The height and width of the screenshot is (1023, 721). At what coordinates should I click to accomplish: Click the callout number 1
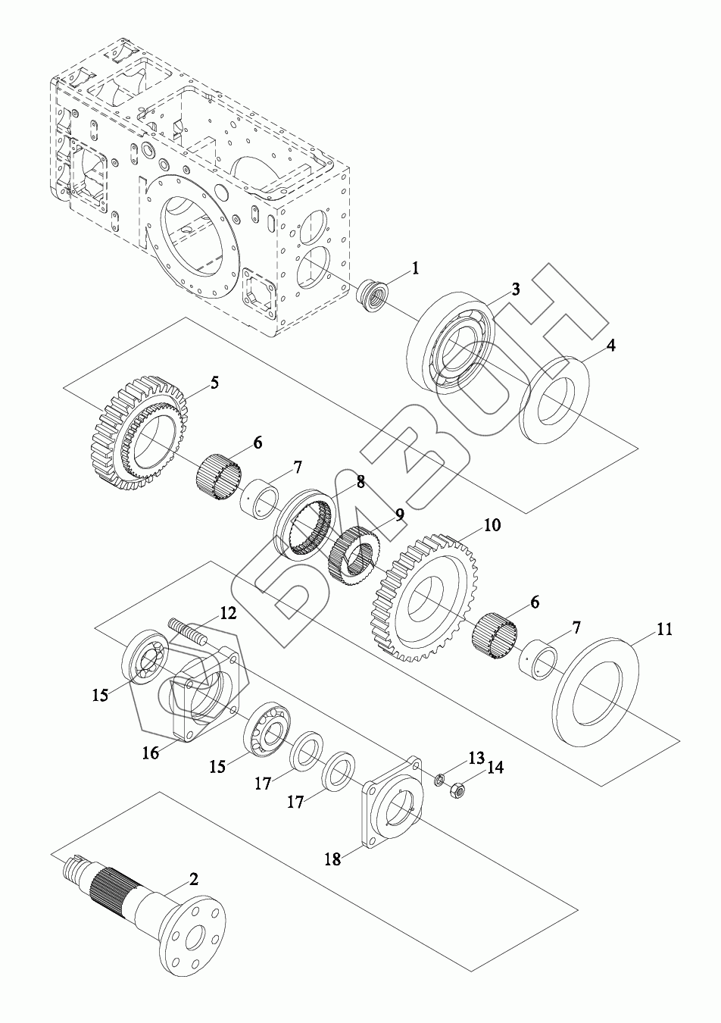coord(415,269)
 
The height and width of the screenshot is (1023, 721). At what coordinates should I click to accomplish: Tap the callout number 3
coord(515,289)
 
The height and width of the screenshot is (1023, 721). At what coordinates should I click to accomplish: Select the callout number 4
coord(611,346)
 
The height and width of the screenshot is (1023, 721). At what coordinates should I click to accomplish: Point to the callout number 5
coord(214,382)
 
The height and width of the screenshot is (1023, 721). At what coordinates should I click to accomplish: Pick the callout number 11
coord(664,629)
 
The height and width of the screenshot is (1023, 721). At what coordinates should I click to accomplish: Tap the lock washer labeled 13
coord(437,778)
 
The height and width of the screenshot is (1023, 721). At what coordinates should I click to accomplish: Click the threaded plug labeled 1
coord(373,297)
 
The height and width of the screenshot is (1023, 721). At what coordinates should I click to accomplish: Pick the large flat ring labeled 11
coord(595,693)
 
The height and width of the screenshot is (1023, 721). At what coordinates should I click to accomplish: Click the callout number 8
coord(360,482)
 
